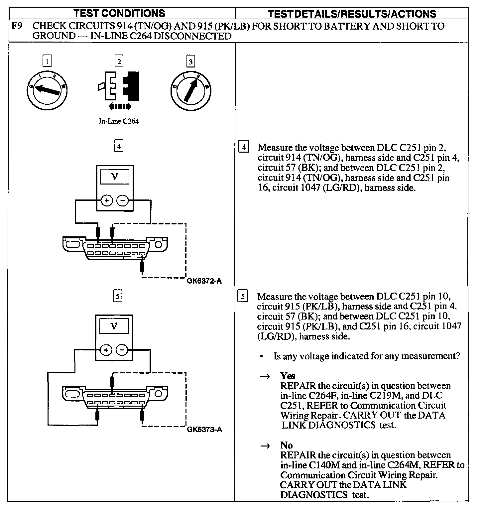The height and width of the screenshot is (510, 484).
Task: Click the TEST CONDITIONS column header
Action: coord(119,13)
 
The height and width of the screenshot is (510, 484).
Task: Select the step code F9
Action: coord(17,26)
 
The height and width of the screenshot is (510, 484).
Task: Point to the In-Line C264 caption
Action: coord(119,121)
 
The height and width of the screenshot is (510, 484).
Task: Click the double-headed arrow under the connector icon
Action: coord(120,106)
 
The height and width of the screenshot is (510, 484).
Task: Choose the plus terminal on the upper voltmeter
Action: coord(107,201)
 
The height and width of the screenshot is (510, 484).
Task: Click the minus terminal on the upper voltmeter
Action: coord(123,201)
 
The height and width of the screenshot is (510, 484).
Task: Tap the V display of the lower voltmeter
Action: coord(114,326)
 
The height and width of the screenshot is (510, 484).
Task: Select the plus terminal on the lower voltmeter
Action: coord(106,350)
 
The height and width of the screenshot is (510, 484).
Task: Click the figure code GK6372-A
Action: coord(204,281)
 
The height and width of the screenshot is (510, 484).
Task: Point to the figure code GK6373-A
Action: coord(204,430)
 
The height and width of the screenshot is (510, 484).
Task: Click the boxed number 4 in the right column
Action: coord(244,147)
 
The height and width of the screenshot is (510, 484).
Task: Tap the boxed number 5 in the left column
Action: coord(118,296)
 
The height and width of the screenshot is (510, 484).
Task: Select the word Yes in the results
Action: coord(288,376)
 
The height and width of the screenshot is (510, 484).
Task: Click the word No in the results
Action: coord(286,445)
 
